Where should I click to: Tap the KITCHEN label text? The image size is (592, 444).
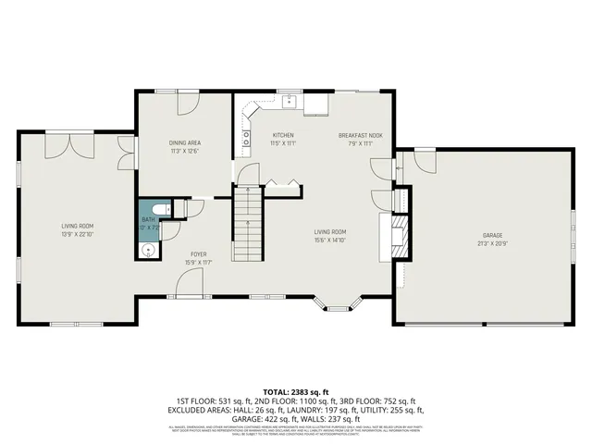click(282, 135)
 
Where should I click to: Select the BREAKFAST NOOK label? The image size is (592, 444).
click(353, 135)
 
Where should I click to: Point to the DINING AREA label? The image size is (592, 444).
click(184, 142)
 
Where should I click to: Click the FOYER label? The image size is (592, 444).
click(199, 253)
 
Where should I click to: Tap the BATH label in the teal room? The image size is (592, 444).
click(149, 220)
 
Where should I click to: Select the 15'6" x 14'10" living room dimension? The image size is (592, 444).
click(329, 240)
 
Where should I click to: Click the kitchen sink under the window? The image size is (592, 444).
click(289, 100)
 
